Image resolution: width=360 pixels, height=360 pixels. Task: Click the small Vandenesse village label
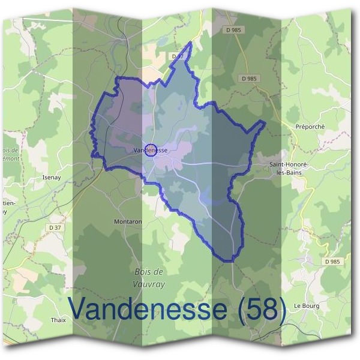coord(150,150)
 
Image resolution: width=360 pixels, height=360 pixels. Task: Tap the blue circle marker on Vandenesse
coord(152,150)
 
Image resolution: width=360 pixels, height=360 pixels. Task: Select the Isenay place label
coord(52,178)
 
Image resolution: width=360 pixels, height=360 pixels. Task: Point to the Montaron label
coord(127,221)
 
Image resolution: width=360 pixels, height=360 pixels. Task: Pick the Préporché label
coord(310,127)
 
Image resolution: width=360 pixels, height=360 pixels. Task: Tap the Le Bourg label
coord(307,305)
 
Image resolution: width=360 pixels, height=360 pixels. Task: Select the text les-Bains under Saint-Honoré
coord(285,172)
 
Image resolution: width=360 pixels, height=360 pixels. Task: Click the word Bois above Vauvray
coord(141,272)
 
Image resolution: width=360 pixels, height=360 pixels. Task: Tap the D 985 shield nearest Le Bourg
coord(332,262)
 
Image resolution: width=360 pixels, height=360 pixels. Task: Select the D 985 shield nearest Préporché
coord(249,78)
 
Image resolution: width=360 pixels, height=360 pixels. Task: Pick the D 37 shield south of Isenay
coord(55,227)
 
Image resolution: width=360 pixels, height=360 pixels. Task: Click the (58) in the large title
coord(260,309)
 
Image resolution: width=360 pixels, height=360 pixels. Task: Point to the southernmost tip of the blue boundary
coord(228,261)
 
